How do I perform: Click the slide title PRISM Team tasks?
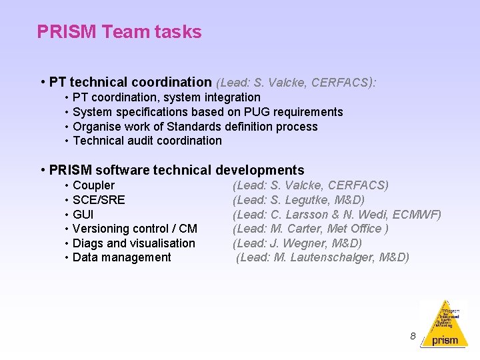coord(119,31)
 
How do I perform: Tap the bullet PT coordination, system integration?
coord(166,97)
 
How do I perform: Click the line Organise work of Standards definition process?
coord(195,127)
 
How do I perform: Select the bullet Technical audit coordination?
coord(147,141)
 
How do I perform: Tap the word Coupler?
coord(93,185)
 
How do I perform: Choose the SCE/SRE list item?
coord(99,200)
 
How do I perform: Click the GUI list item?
coord(83,215)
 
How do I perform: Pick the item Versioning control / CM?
coord(135,229)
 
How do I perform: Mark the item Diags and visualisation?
coord(133,243)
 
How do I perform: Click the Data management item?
coord(121,257)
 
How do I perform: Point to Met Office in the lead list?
coord(356,229)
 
